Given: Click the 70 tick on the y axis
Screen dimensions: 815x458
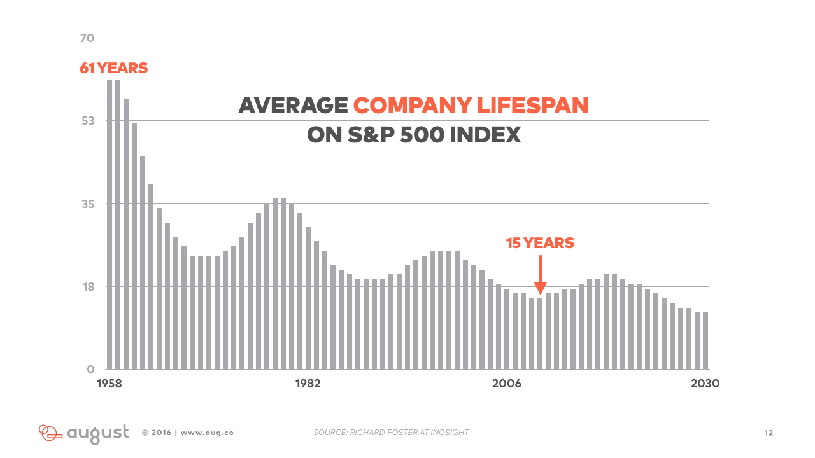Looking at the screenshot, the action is [87, 38].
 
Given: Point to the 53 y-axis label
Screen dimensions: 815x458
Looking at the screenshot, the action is [88, 121].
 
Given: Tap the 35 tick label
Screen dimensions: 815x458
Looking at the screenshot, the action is [88, 204].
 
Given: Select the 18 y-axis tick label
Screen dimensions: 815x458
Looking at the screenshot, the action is [89, 287].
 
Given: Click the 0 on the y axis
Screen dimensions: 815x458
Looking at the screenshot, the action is [90, 370].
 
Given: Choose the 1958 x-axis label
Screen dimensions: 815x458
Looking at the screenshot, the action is [109, 384].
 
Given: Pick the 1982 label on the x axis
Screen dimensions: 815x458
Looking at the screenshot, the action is [308, 384].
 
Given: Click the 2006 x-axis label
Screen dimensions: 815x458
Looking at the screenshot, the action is [506, 384].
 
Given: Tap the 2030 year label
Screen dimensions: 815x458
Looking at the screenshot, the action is [705, 384].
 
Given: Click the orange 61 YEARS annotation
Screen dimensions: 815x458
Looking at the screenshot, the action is [113, 68].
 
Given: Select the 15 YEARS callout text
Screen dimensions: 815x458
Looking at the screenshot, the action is [540, 243].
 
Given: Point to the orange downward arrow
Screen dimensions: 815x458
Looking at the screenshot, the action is [541, 275].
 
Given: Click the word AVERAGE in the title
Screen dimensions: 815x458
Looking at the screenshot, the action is [293, 106].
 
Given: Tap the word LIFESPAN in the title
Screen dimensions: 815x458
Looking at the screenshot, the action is [532, 106].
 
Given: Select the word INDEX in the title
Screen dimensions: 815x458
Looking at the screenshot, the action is [485, 135].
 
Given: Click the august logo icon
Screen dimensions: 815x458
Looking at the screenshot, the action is [50, 433].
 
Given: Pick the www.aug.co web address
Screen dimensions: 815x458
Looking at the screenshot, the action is [207, 433].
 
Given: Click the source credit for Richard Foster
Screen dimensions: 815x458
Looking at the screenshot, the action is [391, 432].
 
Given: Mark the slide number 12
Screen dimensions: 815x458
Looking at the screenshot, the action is [769, 433].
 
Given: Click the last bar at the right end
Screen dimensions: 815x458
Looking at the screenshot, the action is [705, 341].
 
